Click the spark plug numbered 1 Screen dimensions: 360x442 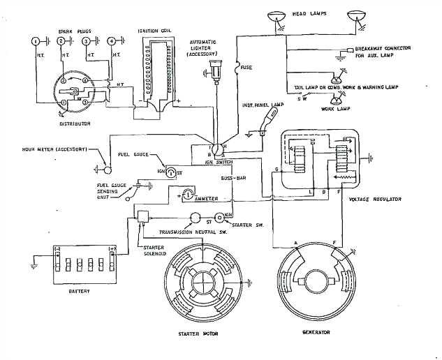pyautogui.click(x=36, y=42)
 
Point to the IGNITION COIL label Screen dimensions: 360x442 pyautogui.click(x=154, y=31)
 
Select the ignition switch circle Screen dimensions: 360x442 pyautogui.click(x=216, y=149)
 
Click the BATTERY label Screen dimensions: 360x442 pyautogui.click(x=79, y=290)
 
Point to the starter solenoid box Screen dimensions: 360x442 pyautogui.click(x=145, y=217)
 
